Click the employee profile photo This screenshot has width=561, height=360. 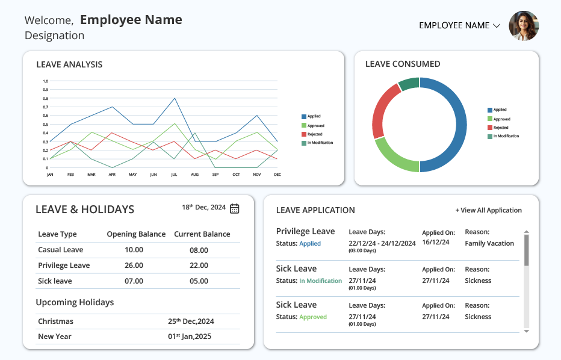tap(524, 26)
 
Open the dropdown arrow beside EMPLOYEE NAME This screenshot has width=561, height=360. tap(496, 26)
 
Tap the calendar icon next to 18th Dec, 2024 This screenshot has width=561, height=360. tap(234, 208)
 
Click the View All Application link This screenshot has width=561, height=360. tap(488, 211)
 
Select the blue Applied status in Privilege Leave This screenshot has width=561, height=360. tap(310, 243)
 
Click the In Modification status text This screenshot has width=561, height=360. tap(321, 281)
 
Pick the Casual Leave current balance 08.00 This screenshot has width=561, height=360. tap(199, 250)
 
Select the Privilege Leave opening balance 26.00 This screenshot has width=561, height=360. tap(134, 265)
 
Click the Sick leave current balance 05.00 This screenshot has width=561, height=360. tap(199, 281)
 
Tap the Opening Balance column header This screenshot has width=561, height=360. tap(136, 234)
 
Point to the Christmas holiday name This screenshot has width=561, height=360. tap(55, 321)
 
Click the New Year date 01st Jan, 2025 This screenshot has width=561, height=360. tap(190, 337)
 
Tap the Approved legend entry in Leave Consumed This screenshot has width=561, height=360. tap(499, 119)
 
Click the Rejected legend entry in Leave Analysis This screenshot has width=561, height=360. tap(312, 134)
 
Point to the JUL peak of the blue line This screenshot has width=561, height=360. tap(174, 98)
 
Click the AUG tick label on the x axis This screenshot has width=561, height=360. tap(194, 175)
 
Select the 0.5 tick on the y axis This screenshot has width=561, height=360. tap(45, 125)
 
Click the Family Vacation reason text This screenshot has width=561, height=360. tap(489, 243)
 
